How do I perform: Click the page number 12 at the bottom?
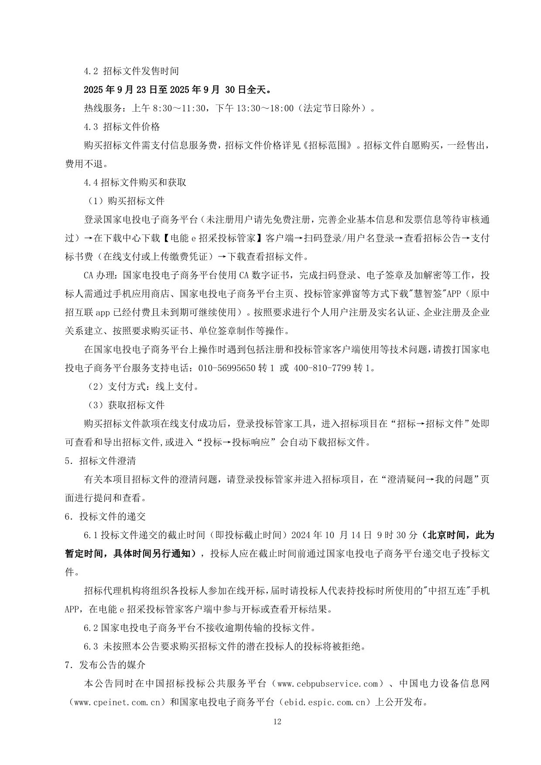[x=277, y=721]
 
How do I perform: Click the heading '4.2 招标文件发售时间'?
[x=131, y=71]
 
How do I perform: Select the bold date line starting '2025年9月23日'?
[x=177, y=90]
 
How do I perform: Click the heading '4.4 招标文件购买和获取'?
[x=135, y=182]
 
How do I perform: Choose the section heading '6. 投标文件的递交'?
[x=105, y=517]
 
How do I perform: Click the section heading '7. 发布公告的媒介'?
[x=105, y=665]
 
